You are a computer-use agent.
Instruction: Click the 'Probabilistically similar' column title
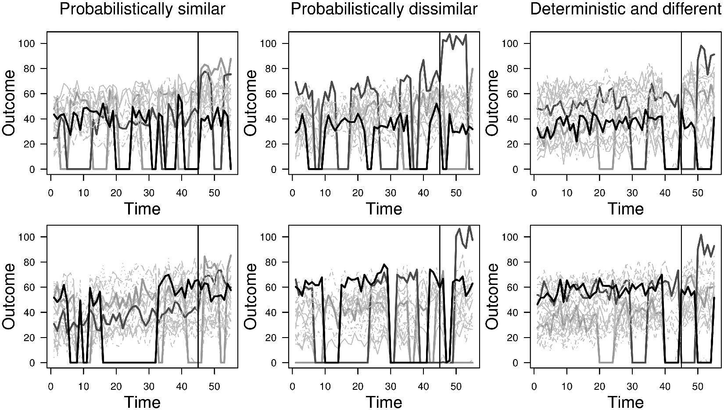[142, 9]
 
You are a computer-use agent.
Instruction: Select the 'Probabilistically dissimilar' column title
[384, 9]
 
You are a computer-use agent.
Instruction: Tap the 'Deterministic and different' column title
[627, 9]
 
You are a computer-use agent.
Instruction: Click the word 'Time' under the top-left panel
[142, 209]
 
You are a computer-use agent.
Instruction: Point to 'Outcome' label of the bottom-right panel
[493, 296]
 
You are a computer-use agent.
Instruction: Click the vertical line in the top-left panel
[198, 103]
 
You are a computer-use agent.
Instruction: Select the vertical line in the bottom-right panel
[681, 296]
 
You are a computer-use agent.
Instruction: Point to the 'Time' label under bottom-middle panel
[384, 402]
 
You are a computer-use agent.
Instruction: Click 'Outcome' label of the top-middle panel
[250, 103]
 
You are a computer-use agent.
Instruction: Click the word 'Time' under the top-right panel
[626, 209]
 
